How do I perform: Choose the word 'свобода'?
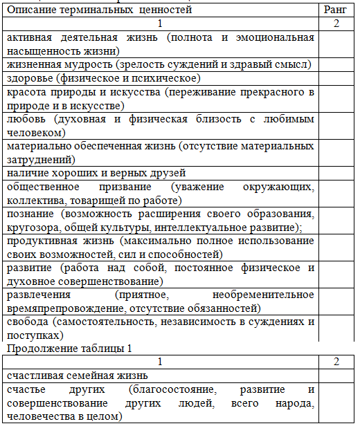click(x=27, y=322)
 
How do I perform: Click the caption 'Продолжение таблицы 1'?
click(x=62, y=348)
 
